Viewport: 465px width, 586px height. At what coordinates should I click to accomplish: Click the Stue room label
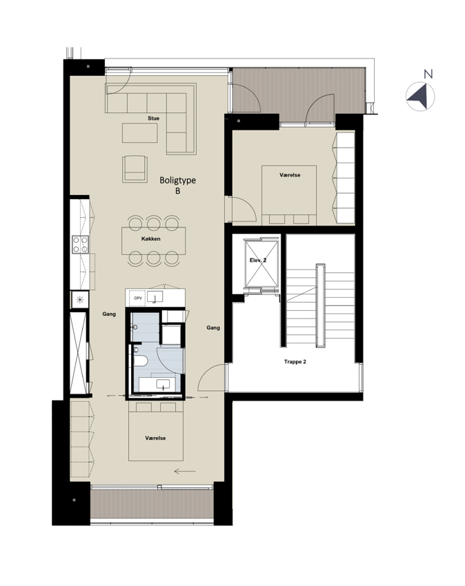click(x=153, y=118)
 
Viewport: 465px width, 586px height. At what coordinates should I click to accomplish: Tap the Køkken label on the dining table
click(x=151, y=239)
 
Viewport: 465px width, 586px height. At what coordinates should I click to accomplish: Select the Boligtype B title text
click(x=178, y=185)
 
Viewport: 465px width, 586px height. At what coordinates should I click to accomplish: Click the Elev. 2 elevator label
click(x=258, y=260)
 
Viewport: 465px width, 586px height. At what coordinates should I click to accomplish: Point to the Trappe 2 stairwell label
click(x=295, y=362)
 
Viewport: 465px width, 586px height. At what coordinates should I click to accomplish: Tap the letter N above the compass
click(x=428, y=74)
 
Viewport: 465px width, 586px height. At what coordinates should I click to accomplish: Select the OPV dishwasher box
click(x=138, y=298)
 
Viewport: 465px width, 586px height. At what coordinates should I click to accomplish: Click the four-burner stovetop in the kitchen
click(x=81, y=245)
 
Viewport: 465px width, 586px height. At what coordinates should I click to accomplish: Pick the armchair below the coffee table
click(x=135, y=169)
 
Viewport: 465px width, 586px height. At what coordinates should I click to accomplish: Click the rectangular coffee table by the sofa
click(x=140, y=133)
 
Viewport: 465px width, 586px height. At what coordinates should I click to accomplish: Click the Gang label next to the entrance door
click(x=213, y=327)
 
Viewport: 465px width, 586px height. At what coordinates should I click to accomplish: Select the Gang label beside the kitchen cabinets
click(x=109, y=314)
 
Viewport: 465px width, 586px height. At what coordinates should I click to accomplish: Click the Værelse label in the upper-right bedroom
click(x=290, y=175)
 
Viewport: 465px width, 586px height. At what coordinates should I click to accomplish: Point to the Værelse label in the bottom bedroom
click(x=156, y=438)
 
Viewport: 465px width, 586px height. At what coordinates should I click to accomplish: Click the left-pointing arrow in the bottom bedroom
click(x=185, y=472)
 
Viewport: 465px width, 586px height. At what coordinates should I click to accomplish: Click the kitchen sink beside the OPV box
click(x=155, y=297)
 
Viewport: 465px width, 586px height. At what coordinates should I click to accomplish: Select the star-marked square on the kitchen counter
click(x=79, y=299)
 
